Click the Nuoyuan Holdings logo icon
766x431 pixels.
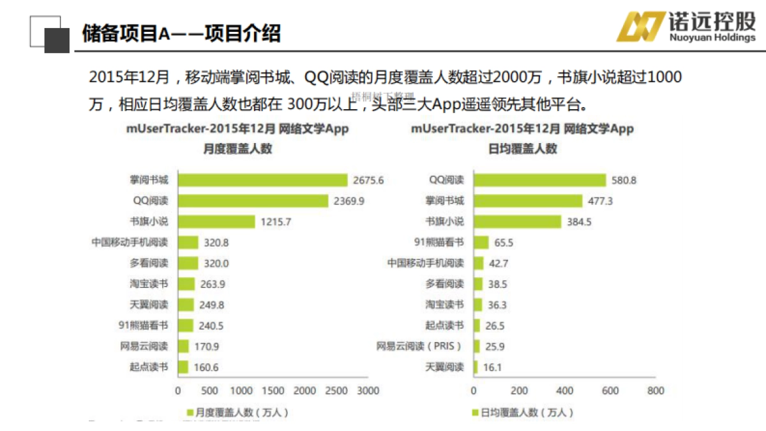click(x=638, y=27)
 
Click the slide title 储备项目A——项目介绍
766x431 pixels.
click(x=181, y=33)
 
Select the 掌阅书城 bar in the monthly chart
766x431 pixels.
click(x=262, y=181)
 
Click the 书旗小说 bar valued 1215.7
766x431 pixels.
click(x=216, y=222)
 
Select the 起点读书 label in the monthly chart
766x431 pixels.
click(x=149, y=367)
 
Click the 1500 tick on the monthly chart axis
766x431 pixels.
click(x=273, y=391)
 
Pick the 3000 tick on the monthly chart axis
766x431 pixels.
click(x=368, y=391)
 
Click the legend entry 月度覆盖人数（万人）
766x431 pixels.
click(x=237, y=413)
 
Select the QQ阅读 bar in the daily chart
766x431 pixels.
click(x=539, y=181)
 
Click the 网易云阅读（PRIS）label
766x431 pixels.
click(x=419, y=346)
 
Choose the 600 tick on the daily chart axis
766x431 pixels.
click(x=610, y=391)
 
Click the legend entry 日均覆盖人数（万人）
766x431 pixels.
click(x=522, y=413)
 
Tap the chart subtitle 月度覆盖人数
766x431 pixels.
click(x=237, y=149)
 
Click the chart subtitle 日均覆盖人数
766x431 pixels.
click(x=522, y=149)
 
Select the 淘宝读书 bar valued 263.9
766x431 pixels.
click(x=186, y=284)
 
